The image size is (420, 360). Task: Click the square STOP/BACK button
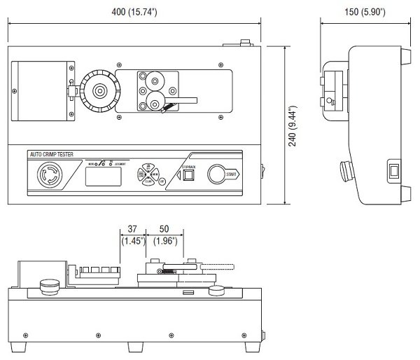point(188,176)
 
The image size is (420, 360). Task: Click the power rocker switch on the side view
point(394,170)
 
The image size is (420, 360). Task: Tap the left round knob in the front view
point(49,284)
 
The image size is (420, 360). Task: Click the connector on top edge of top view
point(244,45)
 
